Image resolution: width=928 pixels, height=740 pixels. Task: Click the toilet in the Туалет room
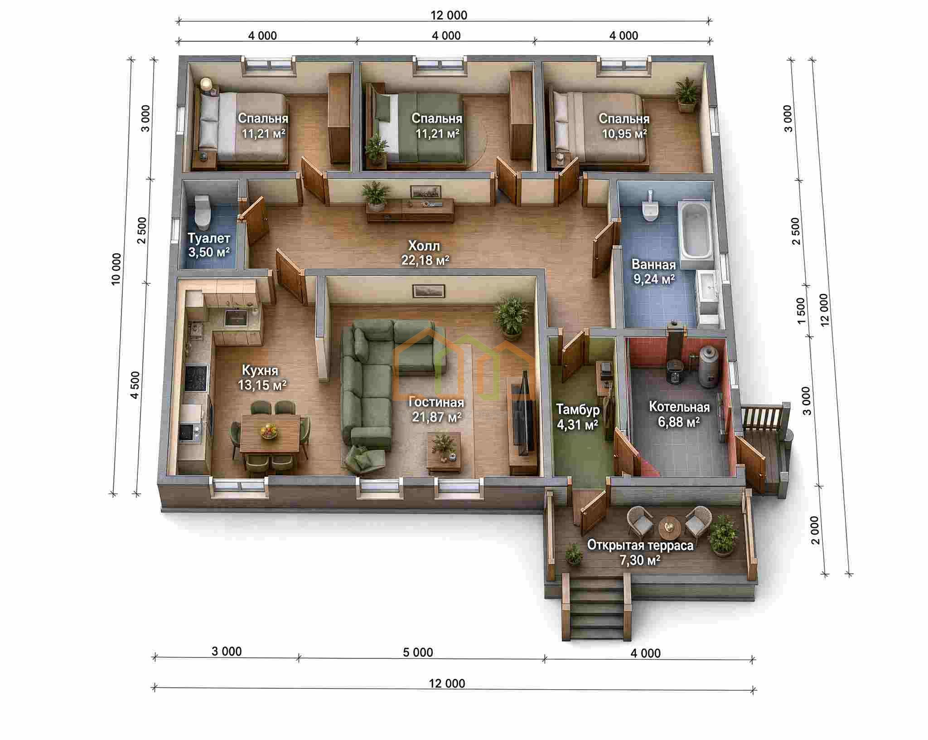[202, 211]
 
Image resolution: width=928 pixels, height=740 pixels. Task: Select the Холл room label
[424, 246]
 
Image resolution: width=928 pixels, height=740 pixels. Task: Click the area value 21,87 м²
[437, 417]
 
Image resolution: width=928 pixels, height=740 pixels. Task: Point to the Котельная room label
[679, 407]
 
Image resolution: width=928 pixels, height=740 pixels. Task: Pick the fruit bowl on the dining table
[269, 430]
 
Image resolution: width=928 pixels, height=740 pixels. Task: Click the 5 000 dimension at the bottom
[418, 652]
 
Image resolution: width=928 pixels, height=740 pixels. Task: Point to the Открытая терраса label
[640, 545]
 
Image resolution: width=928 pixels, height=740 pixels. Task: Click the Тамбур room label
[578, 409]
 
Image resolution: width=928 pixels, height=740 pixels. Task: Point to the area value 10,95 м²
[624, 134]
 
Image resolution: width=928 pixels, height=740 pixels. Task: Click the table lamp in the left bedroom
[206, 85]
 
